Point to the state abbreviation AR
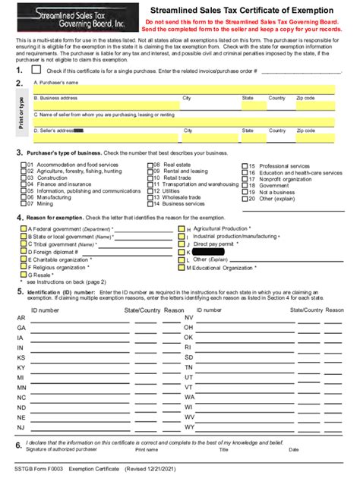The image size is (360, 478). (x=21, y=317)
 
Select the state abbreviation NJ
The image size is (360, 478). (x=21, y=426)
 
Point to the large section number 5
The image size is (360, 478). (x=19, y=291)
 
